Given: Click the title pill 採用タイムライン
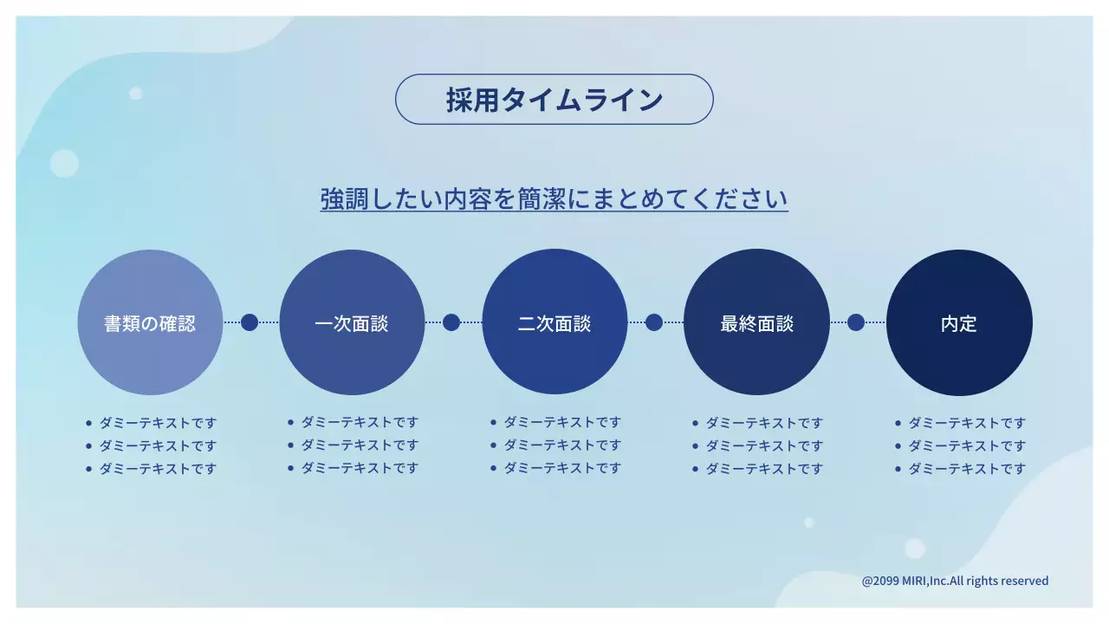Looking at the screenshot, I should [554, 100].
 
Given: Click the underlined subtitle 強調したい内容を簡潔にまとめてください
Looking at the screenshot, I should [554, 198].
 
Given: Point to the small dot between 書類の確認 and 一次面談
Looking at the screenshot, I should [250, 322].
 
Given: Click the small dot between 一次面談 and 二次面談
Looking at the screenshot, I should [451, 322].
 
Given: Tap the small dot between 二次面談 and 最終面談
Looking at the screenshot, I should [654, 322].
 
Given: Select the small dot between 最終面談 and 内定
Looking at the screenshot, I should [856, 322].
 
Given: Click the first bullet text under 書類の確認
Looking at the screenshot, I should [158, 423].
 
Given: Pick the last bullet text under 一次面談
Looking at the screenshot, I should [360, 468].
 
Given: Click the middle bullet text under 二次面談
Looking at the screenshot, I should [562, 445].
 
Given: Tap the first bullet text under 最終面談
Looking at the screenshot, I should [764, 423].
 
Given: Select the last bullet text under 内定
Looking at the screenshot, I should [967, 469].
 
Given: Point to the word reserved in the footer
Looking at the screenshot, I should [1025, 581].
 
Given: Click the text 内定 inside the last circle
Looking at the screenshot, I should [959, 324].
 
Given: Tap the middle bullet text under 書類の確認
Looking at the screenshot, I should [158, 445].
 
